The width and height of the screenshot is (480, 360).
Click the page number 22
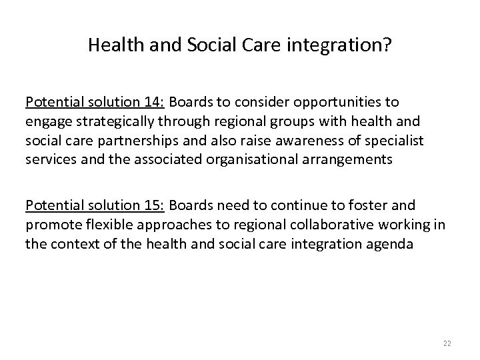[x=446, y=342]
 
